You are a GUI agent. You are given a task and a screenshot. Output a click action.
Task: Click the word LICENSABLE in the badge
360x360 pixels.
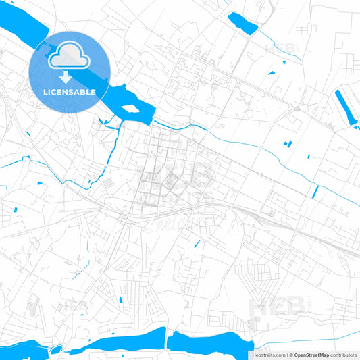click(69, 92)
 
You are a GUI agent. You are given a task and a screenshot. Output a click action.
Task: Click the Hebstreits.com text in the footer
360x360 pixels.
click(267, 355)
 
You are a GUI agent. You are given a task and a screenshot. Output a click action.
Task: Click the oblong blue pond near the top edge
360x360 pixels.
click(242, 24)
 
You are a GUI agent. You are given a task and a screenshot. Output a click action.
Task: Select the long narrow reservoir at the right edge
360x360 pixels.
click(346, 107)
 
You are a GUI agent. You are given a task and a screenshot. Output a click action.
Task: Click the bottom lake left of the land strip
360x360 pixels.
click(122, 342)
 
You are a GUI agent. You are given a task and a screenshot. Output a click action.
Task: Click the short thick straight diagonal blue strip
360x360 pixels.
click(315, 192)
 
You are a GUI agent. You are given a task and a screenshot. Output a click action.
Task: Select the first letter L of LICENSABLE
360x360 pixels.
click(44, 92)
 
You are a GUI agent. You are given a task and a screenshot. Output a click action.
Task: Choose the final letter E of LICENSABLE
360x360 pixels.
click(93, 92)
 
